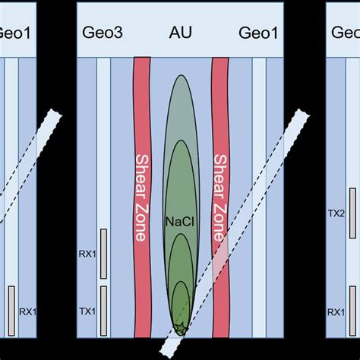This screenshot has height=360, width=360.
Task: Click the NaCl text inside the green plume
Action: tap(178, 223)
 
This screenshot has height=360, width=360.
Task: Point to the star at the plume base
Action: tap(180, 328)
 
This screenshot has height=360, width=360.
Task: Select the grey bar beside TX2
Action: tap(352, 208)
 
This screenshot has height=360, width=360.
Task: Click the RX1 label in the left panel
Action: tap(27, 311)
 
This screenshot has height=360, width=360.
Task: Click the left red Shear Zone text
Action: tap(141, 197)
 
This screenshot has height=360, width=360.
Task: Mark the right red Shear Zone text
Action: tap(220, 197)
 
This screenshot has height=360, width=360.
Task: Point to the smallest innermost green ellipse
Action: tap(180, 308)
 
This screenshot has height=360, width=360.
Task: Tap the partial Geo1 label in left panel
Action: tap(14, 33)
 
